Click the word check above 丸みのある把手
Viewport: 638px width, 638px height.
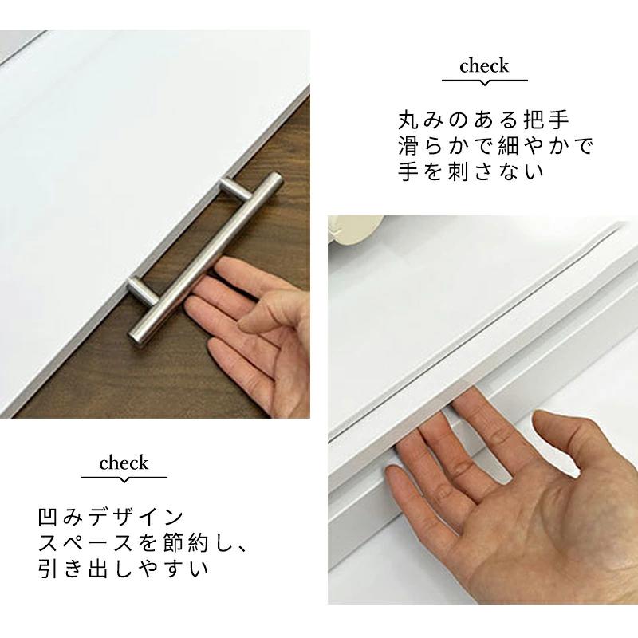[484, 66]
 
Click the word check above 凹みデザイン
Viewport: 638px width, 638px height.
[124, 463]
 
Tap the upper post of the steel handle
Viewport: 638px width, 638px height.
[235, 188]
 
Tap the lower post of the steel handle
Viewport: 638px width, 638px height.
[143, 290]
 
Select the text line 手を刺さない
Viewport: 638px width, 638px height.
[471, 171]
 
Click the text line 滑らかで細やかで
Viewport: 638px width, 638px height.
[495, 146]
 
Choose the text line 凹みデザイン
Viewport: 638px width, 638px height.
[111, 517]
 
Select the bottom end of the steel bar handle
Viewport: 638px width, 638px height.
[136, 337]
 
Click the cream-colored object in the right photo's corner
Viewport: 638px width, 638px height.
[356, 230]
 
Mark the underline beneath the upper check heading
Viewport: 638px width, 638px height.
[485, 81]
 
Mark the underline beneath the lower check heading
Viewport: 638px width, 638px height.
[124, 478]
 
